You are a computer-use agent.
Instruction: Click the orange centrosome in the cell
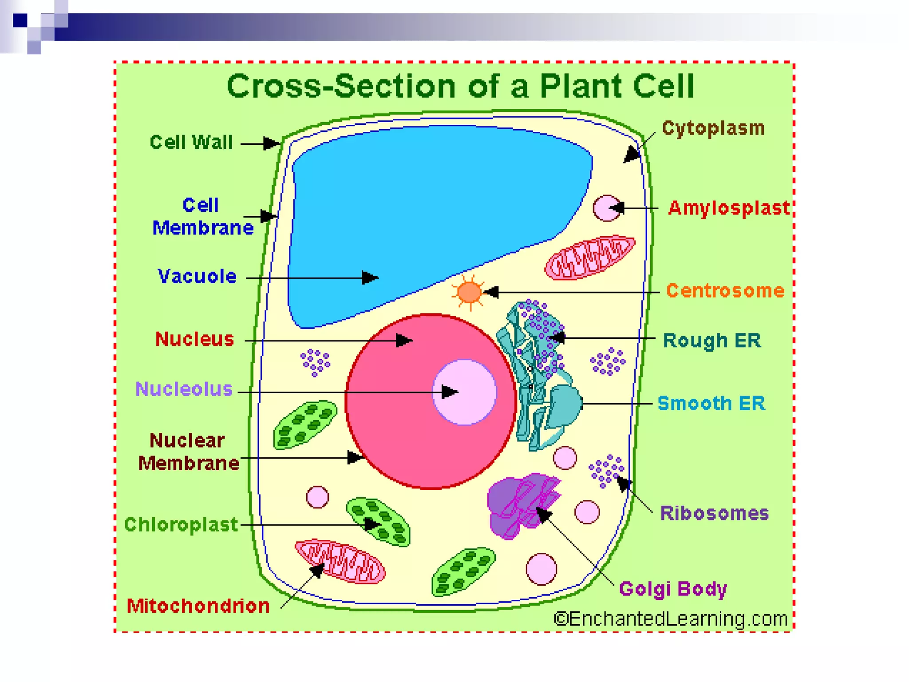pos(469,292)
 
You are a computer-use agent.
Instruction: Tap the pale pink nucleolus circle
pos(464,392)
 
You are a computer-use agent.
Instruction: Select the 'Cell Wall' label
pos(191,143)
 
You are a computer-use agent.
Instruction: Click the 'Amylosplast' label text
pos(729,208)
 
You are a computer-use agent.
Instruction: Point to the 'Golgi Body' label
pos(673,589)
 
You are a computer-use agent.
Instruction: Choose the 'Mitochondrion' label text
pos(198,606)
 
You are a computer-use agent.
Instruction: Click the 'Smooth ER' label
pos(711,403)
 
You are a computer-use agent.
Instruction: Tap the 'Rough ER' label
pos(711,341)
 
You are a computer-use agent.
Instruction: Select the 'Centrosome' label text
pos(725,291)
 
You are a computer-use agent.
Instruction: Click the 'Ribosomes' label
pos(714,513)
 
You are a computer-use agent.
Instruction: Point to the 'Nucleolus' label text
pos(184,389)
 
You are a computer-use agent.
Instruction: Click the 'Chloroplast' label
pos(181,525)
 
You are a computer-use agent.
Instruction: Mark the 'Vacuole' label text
pos(197,277)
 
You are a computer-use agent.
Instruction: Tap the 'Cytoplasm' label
pos(713,128)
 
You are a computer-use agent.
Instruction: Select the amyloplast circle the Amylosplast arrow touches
pos(605,208)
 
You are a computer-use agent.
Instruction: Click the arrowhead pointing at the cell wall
pos(271,143)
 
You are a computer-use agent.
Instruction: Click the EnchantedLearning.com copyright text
pos(670,619)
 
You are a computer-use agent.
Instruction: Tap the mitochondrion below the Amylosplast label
pos(589,258)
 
